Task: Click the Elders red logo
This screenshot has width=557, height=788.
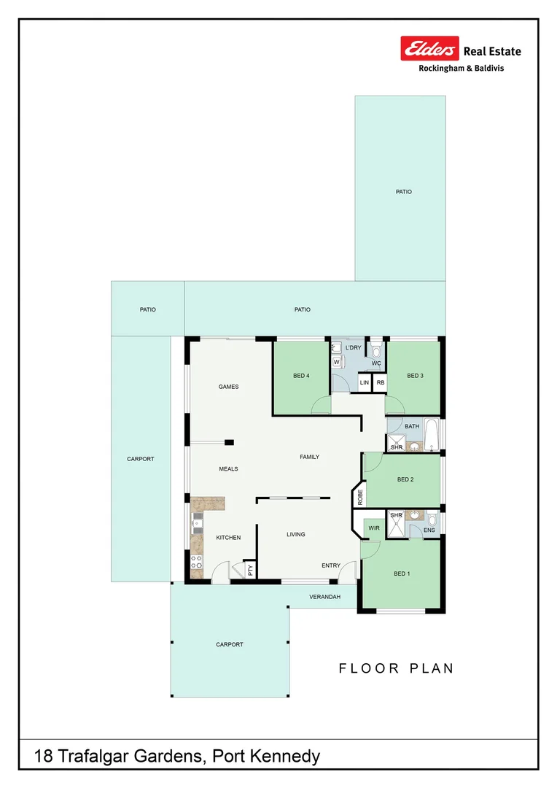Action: pyautogui.click(x=429, y=49)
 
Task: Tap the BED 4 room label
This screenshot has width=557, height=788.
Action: pyautogui.click(x=301, y=376)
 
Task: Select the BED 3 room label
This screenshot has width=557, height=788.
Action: pyautogui.click(x=415, y=376)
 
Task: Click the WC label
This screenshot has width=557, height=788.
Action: pyautogui.click(x=376, y=363)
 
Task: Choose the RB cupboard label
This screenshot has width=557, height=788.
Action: pyautogui.click(x=381, y=382)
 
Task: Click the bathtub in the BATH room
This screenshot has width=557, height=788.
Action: pyautogui.click(x=431, y=435)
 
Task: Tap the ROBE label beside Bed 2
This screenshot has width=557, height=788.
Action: pyautogui.click(x=360, y=497)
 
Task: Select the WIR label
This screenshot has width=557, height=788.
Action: pyautogui.click(x=373, y=527)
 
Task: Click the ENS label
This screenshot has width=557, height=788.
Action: pyautogui.click(x=429, y=530)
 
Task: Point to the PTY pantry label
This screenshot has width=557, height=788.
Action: pyautogui.click(x=250, y=570)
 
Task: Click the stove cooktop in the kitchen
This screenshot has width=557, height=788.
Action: pyautogui.click(x=196, y=562)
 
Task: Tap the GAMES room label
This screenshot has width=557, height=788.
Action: pyautogui.click(x=229, y=387)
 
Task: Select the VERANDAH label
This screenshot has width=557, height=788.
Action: pyautogui.click(x=324, y=597)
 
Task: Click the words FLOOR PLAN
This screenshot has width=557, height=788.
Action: pyautogui.click(x=397, y=668)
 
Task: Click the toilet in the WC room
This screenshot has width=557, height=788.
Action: pyautogui.click(x=376, y=350)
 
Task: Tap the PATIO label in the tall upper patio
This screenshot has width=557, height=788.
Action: pyautogui.click(x=404, y=192)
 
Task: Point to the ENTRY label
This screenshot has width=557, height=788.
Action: pyautogui.click(x=331, y=565)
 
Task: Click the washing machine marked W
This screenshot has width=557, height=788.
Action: pyautogui.click(x=337, y=362)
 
